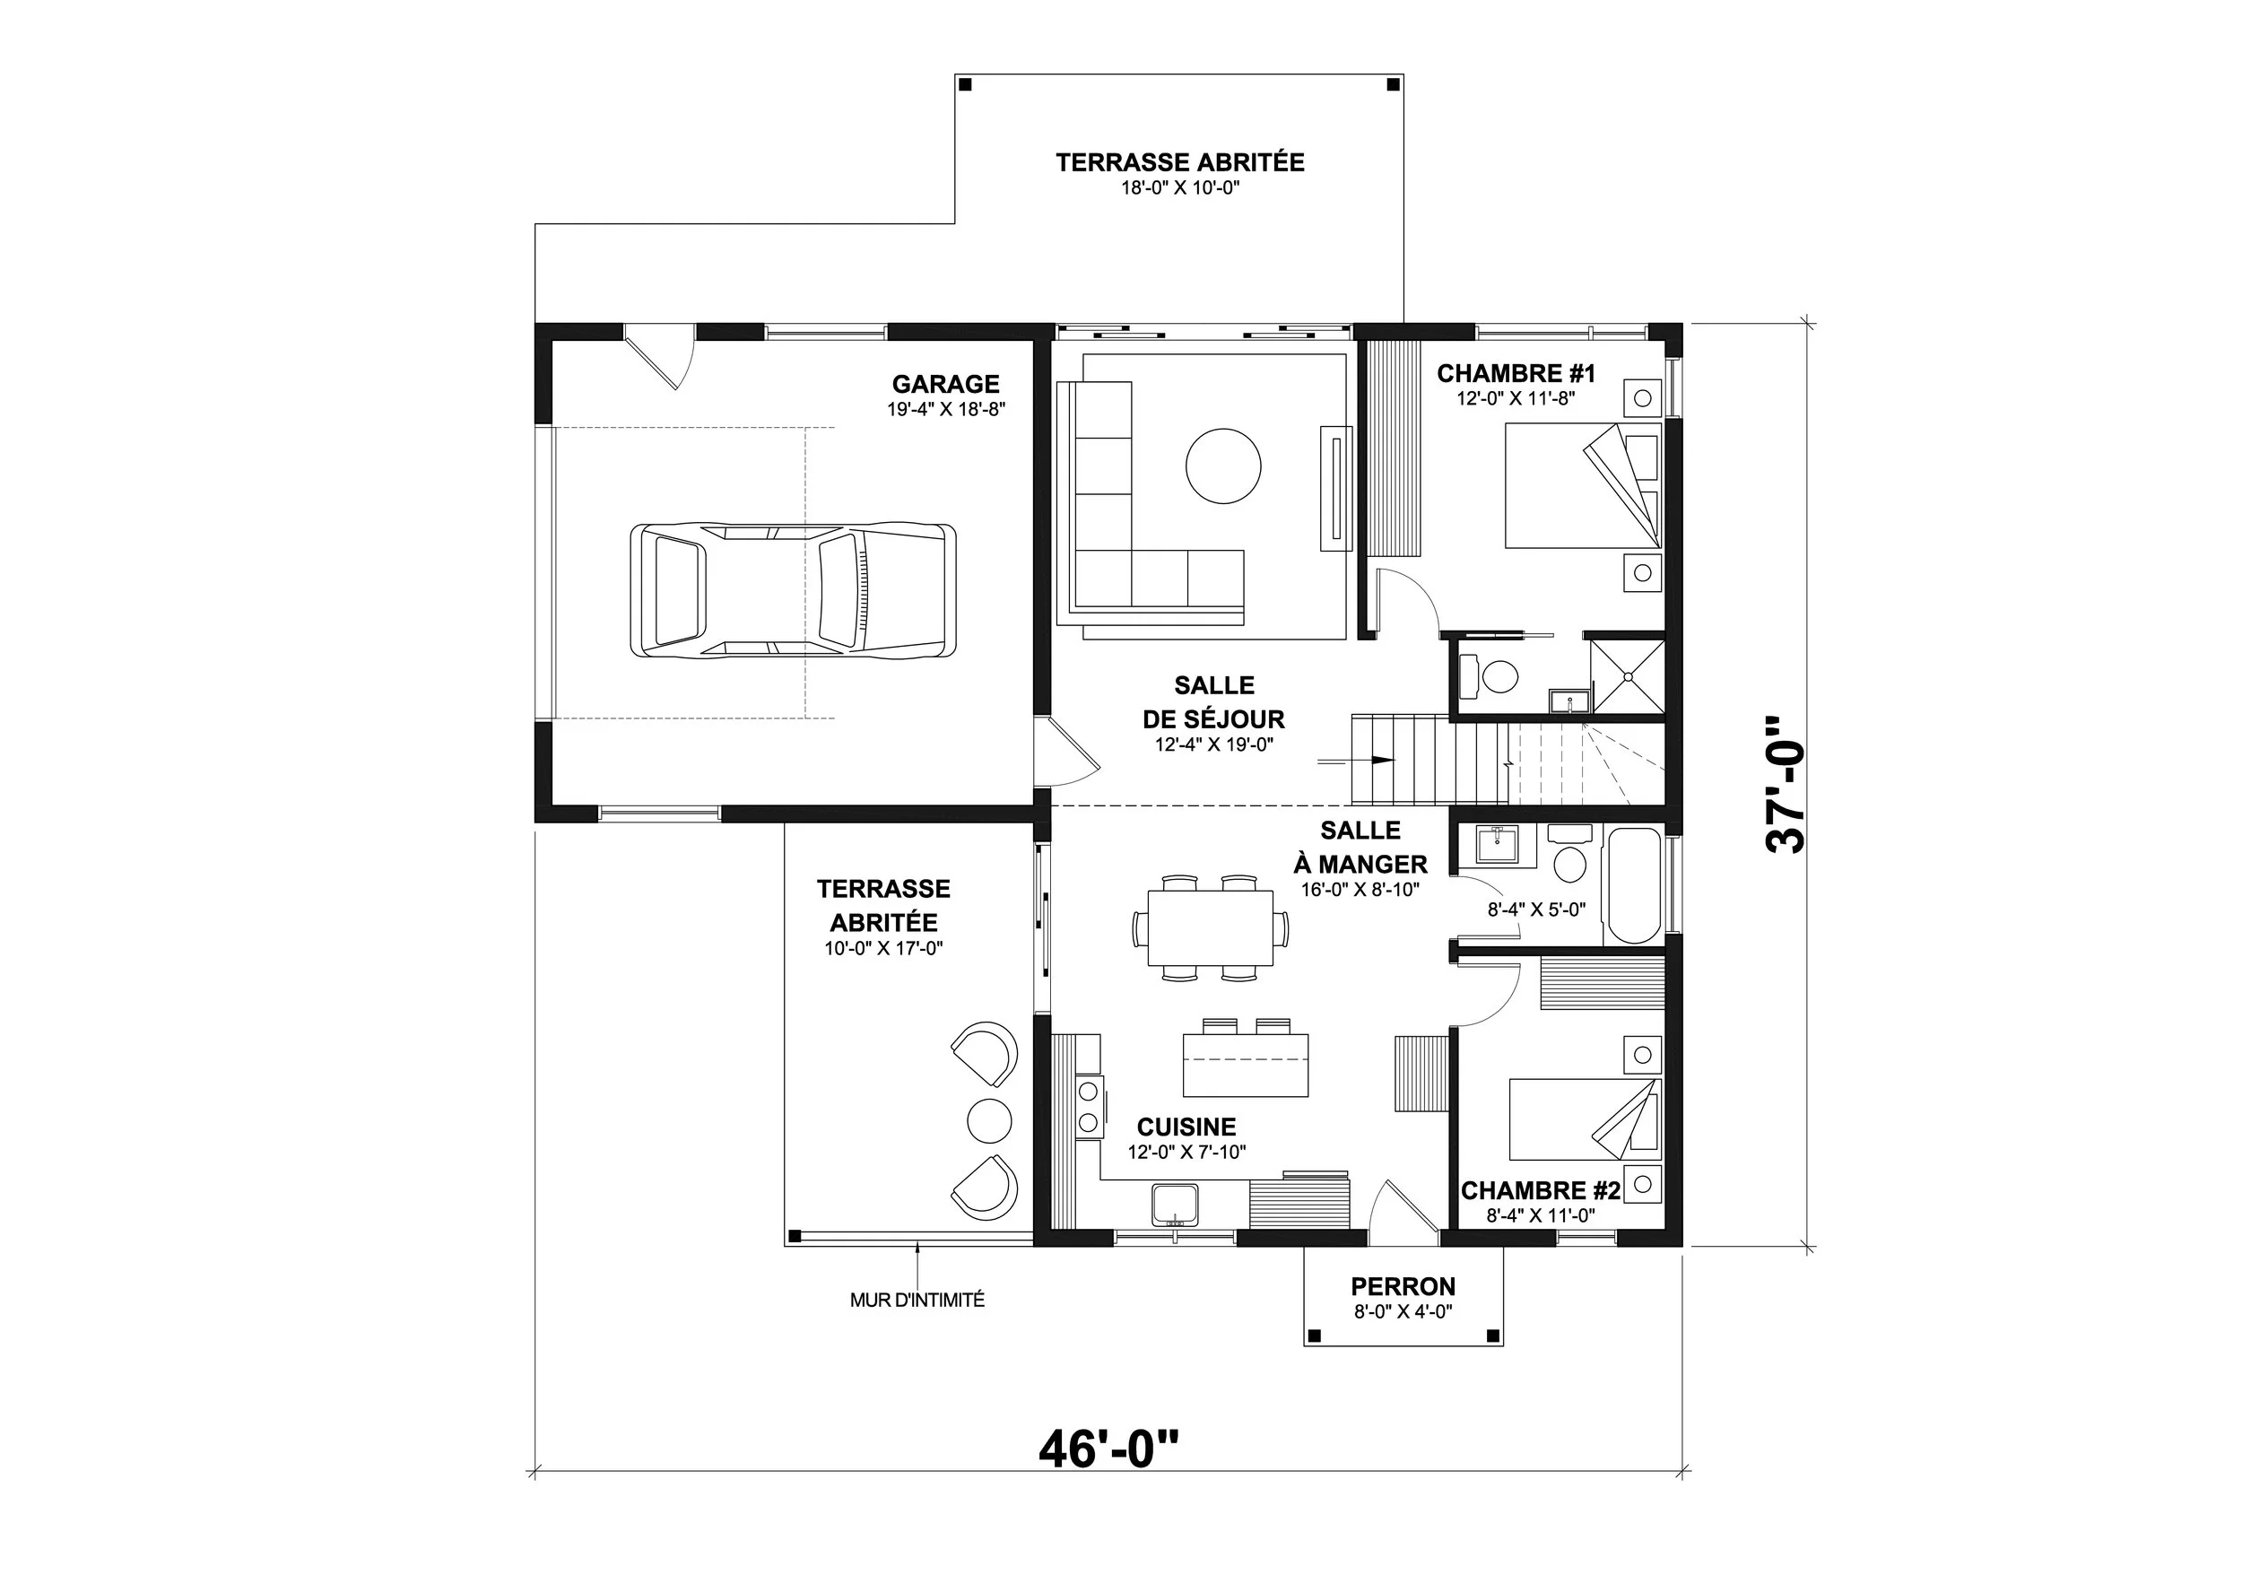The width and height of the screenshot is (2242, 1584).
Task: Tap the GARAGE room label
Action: click(x=945, y=384)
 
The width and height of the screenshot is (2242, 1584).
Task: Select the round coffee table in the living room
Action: click(x=1222, y=466)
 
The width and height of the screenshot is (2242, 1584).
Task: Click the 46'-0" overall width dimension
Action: click(x=1108, y=1449)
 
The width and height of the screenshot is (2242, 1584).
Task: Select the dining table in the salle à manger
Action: click(x=1211, y=927)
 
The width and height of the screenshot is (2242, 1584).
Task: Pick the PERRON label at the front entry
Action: click(x=1403, y=1286)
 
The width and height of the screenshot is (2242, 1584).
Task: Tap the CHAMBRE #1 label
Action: click(x=1516, y=373)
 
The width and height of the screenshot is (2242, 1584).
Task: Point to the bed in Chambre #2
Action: click(x=1585, y=1119)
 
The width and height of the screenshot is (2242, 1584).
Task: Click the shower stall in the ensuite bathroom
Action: click(x=1627, y=675)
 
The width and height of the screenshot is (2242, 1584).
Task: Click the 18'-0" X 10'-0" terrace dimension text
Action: click(x=1179, y=187)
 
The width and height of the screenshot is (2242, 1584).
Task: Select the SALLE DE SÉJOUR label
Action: click(x=1213, y=702)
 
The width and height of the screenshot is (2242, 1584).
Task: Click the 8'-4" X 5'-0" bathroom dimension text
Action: click(x=1536, y=909)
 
